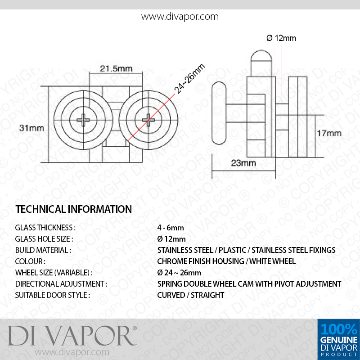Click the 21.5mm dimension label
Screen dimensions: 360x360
pyautogui.click(x=116, y=68)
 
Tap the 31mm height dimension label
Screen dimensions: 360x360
pyautogui.click(x=31, y=128)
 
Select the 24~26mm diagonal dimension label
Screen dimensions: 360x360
pyautogui.click(x=189, y=79)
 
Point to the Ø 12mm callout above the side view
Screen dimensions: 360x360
pyautogui.click(x=281, y=38)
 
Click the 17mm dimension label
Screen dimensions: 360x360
pyautogui.click(x=329, y=133)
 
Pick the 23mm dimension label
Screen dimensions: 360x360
pyautogui.click(x=243, y=163)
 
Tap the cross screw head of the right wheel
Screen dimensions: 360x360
pyautogui.click(x=148, y=120)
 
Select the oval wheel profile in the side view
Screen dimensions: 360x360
pyautogui.click(x=219, y=113)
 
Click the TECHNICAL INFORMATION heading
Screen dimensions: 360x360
pyautogui.click(x=74, y=209)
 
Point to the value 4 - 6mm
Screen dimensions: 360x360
pyautogui.click(x=171, y=228)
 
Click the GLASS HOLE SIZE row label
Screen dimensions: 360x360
pyautogui.click(x=44, y=239)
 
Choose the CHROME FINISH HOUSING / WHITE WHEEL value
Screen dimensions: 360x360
pyautogui.click(x=226, y=261)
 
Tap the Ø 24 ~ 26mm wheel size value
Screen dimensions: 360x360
pyautogui.click(x=179, y=273)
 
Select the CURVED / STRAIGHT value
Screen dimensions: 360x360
pyautogui.click(x=190, y=295)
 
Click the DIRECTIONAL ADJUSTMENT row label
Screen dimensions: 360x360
pyautogui.click(x=61, y=284)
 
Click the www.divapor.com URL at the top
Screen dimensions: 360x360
pyautogui.click(x=180, y=17)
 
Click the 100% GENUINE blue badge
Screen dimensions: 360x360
pyautogui.click(x=339, y=339)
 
